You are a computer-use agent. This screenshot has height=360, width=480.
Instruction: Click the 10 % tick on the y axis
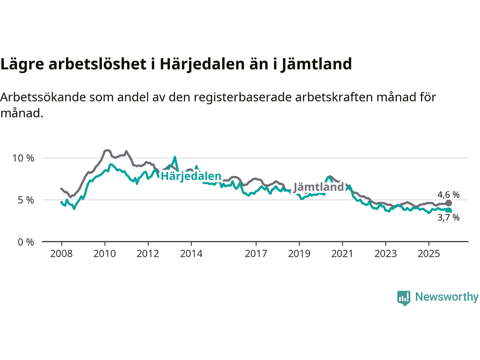[x=23, y=158]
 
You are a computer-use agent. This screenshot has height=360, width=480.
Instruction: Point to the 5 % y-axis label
[x=26, y=200]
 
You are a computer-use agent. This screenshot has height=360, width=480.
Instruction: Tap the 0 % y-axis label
[x=26, y=242]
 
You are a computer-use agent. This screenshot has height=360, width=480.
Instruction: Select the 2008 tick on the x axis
[x=61, y=254]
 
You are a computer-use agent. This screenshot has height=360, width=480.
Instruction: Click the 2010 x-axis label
[x=105, y=254]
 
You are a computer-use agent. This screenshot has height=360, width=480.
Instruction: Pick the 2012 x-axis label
[x=148, y=254]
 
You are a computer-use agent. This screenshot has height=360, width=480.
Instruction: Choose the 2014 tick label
[x=191, y=254]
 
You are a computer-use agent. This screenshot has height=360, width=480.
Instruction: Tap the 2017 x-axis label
[x=256, y=254]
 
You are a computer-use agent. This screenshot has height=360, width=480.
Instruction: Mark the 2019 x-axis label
[x=299, y=254]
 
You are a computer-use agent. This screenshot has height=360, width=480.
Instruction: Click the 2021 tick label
[x=342, y=254]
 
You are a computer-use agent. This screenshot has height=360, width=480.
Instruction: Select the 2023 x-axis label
[x=385, y=254]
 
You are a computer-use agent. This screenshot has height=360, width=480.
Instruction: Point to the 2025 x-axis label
[x=429, y=254]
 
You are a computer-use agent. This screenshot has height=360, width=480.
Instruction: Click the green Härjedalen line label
[x=191, y=176]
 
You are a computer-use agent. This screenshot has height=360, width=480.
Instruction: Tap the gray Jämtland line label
[x=318, y=187]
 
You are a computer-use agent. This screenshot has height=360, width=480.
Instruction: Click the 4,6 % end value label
[x=448, y=195]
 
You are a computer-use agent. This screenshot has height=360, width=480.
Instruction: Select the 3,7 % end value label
[x=448, y=217]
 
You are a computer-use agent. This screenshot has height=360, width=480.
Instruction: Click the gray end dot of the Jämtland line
[x=448, y=203]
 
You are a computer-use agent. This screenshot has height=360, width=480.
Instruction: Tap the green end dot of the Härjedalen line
[x=448, y=211]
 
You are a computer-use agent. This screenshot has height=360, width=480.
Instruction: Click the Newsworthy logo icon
[x=403, y=298]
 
